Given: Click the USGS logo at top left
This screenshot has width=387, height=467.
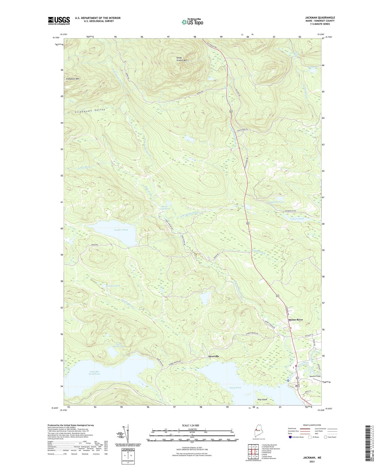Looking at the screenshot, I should (59, 21).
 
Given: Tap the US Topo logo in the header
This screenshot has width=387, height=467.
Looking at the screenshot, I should (192, 22).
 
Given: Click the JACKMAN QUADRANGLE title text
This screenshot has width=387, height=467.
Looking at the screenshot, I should (320, 18).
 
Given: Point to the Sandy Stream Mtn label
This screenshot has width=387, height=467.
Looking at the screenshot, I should (181, 59).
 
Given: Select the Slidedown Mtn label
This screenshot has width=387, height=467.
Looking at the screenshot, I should (73, 79).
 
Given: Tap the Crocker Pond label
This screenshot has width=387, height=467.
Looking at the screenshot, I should (121, 230).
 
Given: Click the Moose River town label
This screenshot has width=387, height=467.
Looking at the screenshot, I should (295, 320).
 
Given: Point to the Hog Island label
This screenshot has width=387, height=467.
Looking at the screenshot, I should (262, 399).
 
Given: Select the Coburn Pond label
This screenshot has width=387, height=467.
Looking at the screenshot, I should (297, 219).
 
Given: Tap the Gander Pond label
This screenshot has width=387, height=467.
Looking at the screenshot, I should (113, 286).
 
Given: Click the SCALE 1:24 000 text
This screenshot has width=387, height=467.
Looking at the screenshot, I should (192, 425).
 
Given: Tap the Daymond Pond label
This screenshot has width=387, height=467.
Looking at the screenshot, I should (276, 202).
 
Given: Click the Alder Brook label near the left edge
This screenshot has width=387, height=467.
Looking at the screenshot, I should (85, 167).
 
